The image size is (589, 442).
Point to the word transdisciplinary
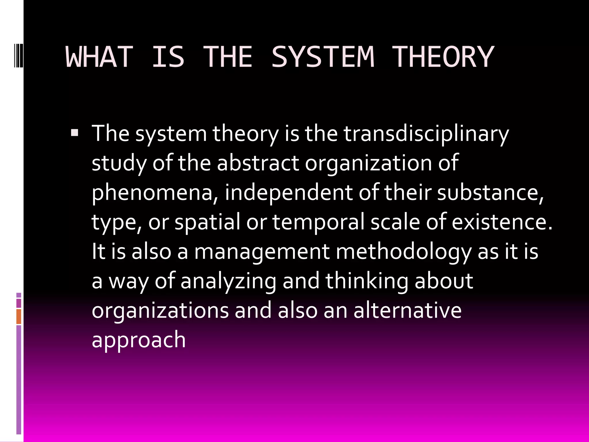(x=426, y=134)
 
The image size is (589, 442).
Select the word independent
(x=288, y=192)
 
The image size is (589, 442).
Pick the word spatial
(x=207, y=222)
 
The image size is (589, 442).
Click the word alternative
(x=407, y=310)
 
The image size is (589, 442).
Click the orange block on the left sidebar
(x=19, y=317)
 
